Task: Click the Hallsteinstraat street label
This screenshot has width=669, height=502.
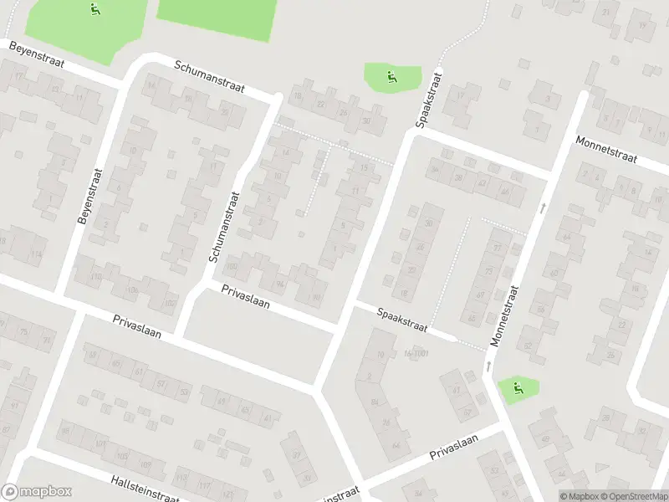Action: pos(145,486)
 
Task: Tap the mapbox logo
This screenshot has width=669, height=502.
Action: pos(37,492)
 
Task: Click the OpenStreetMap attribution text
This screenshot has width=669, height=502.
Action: pos(633,496)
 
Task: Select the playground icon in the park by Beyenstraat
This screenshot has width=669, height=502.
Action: pos(94,11)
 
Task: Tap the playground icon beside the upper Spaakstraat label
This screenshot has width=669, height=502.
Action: pos(391,79)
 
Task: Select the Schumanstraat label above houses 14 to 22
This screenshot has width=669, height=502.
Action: pos(209,77)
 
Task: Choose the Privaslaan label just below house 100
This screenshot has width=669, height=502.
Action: pos(246,297)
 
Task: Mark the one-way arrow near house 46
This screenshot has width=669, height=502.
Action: pos(544,206)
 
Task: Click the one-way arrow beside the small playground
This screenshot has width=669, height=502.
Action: pos(488,366)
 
